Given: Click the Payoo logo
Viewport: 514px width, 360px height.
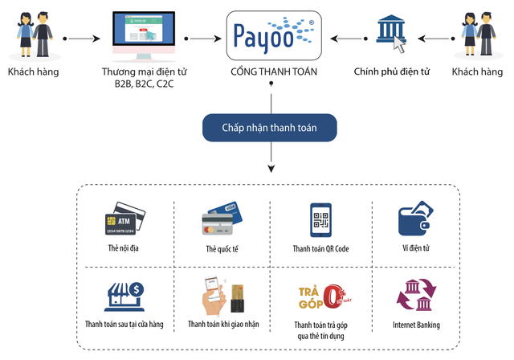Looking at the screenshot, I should (x=271, y=35).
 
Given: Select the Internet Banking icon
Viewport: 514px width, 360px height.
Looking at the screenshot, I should (x=416, y=296).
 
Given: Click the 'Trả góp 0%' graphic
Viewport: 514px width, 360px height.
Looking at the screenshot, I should (x=320, y=296).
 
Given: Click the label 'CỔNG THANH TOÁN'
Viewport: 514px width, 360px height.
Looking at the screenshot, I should (x=271, y=72).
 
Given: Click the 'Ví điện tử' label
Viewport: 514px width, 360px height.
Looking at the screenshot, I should (x=416, y=248).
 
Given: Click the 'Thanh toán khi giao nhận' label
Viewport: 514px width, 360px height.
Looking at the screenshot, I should (x=222, y=325).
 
